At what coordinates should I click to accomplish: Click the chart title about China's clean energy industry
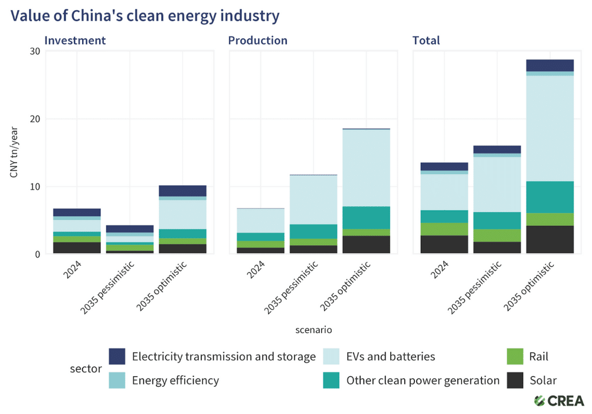pyautogui.click(x=145, y=16)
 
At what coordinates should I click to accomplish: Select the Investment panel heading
pyautogui.click(x=75, y=41)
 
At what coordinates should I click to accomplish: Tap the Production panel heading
pyautogui.click(x=257, y=41)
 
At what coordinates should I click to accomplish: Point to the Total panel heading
pyautogui.click(x=426, y=41)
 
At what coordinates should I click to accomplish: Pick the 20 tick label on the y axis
pyautogui.click(x=34, y=119)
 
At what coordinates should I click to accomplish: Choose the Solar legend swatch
pyautogui.click(x=515, y=380)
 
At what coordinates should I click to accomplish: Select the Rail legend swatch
pyautogui.click(x=515, y=356)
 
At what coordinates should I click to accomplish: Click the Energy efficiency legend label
pyautogui.click(x=175, y=380)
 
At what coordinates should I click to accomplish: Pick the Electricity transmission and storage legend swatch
pyautogui.click(x=117, y=356)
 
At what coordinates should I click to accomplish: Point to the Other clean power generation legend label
pyautogui.click(x=423, y=380)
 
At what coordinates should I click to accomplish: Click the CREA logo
pyautogui.click(x=558, y=401)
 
